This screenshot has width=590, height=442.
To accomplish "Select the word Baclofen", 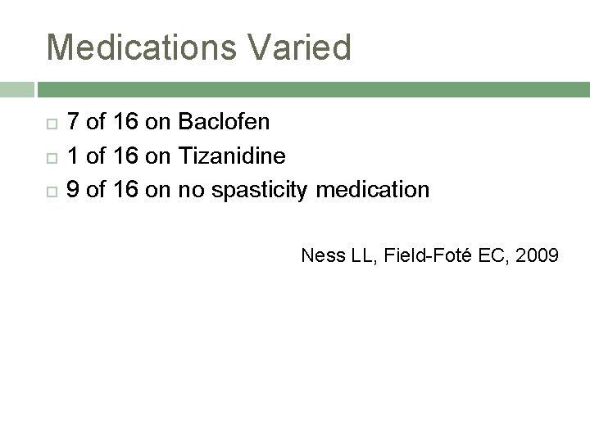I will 223,123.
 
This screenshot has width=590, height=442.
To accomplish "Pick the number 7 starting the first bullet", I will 73,123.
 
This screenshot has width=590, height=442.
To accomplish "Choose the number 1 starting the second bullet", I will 73,156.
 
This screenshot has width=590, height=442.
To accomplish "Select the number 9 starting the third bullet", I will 73,191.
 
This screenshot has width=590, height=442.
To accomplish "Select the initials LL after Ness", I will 360,256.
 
